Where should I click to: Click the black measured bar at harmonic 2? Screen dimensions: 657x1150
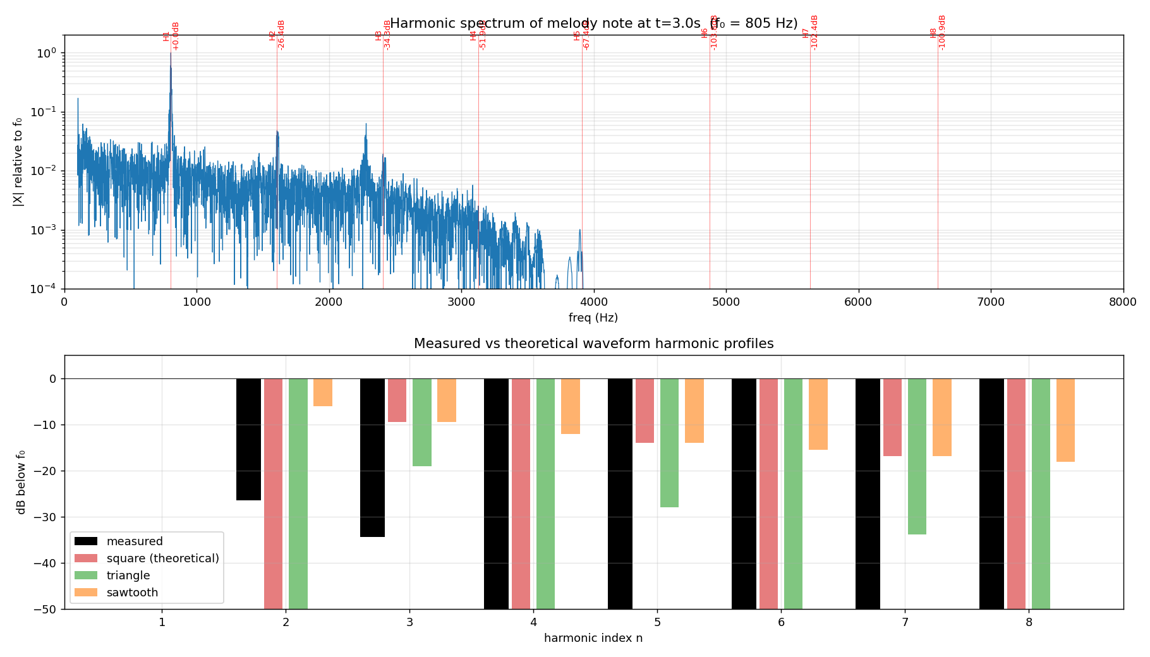click(x=248, y=439)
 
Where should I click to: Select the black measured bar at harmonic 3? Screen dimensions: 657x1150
click(x=372, y=457)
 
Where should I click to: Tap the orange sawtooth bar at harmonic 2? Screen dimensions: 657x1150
click(x=323, y=392)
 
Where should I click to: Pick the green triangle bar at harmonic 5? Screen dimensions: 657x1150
click(x=669, y=442)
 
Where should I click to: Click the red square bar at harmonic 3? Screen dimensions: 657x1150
click(x=397, y=400)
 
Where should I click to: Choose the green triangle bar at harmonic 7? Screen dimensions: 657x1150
click(x=917, y=456)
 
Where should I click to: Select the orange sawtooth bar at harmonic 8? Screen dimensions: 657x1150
click(x=1065, y=420)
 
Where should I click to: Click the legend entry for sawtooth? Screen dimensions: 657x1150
click(x=132, y=593)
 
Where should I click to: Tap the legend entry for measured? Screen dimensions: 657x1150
click(x=134, y=541)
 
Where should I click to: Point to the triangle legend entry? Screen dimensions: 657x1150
click(x=128, y=576)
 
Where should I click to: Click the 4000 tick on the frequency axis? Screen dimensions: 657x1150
click(x=593, y=302)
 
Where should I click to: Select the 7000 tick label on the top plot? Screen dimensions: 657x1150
click(x=990, y=302)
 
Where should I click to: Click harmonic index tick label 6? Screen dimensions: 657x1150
click(x=781, y=622)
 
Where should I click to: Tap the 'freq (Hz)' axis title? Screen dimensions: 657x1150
click(x=593, y=318)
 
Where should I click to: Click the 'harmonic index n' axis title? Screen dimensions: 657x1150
click(x=593, y=638)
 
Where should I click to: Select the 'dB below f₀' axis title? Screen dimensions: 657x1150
click(x=21, y=482)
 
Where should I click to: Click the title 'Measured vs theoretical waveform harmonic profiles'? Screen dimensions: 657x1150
click(x=593, y=344)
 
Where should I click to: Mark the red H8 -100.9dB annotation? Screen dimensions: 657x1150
click(x=938, y=33)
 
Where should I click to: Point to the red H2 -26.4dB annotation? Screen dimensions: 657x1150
click(x=277, y=35)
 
